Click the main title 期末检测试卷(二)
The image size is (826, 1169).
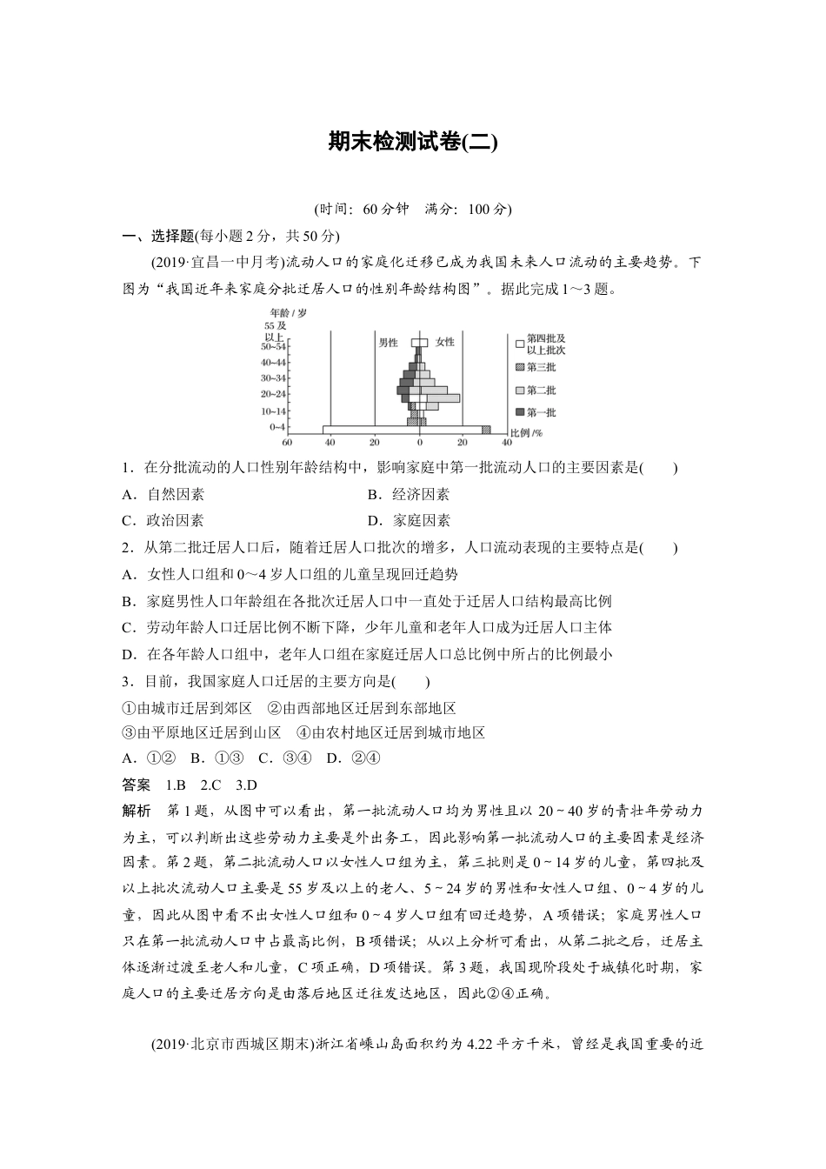click(412, 142)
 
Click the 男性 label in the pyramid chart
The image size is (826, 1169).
click(388, 342)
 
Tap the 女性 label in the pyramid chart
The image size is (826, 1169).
click(444, 342)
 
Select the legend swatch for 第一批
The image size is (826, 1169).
click(520, 412)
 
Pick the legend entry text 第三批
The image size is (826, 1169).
click(542, 367)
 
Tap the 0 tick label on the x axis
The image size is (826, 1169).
click(420, 442)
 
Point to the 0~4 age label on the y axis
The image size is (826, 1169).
click(277, 427)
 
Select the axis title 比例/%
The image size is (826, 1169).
click(525, 432)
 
